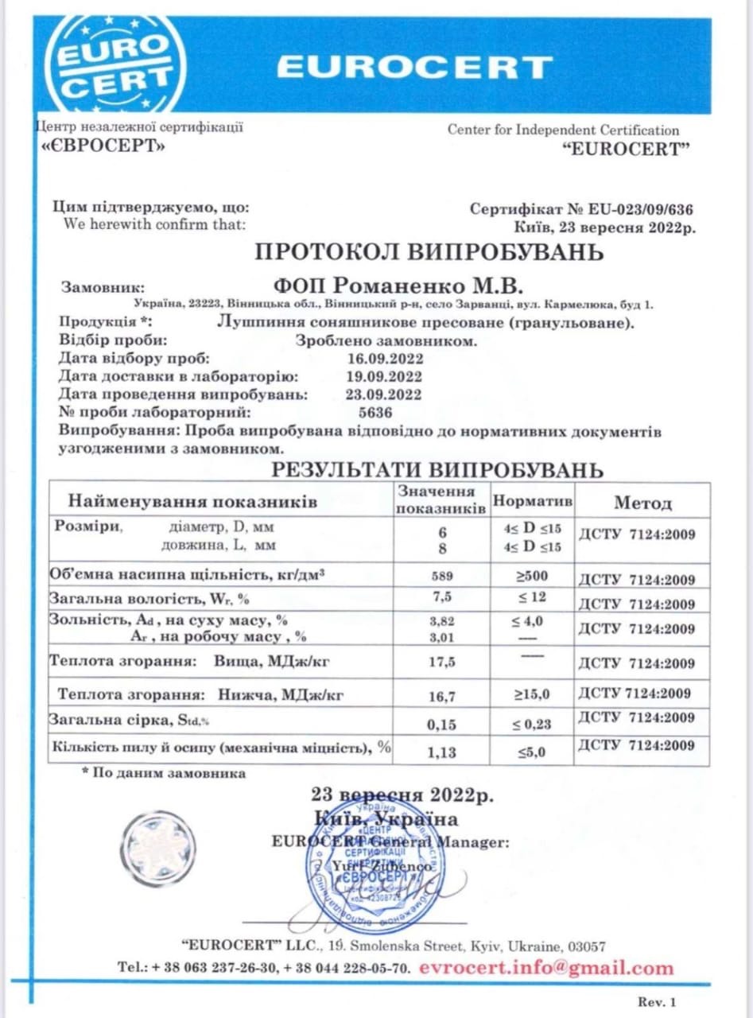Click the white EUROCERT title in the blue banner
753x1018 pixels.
click(x=414, y=68)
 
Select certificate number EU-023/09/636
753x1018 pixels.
click(x=641, y=210)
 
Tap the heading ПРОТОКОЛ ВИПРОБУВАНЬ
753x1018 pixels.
click(x=429, y=253)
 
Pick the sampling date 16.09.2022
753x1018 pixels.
click(x=384, y=359)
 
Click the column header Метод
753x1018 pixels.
click(x=642, y=503)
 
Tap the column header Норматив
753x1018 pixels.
click(x=533, y=503)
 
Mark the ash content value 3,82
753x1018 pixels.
click(x=442, y=618)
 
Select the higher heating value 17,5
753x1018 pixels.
click(x=442, y=661)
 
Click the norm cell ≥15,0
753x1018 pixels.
click(x=532, y=694)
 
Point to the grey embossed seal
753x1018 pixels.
click(x=159, y=848)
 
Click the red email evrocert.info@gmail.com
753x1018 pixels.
click(x=545, y=969)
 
